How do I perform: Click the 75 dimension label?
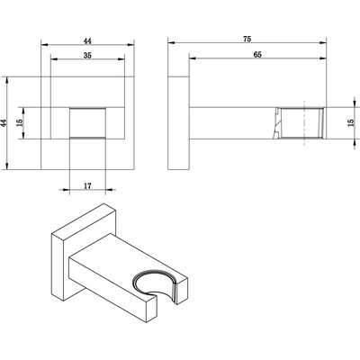[x=247, y=39]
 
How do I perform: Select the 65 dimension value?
[x=257, y=55]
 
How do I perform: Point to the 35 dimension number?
[x=87, y=56]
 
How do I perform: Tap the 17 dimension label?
[x=87, y=186]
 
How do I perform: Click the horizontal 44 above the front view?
[x=87, y=41]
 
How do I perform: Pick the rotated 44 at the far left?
[x=4, y=122]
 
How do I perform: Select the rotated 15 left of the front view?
[x=20, y=122]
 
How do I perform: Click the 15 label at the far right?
[x=351, y=122]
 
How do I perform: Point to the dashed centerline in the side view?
[x=304, y=123]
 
